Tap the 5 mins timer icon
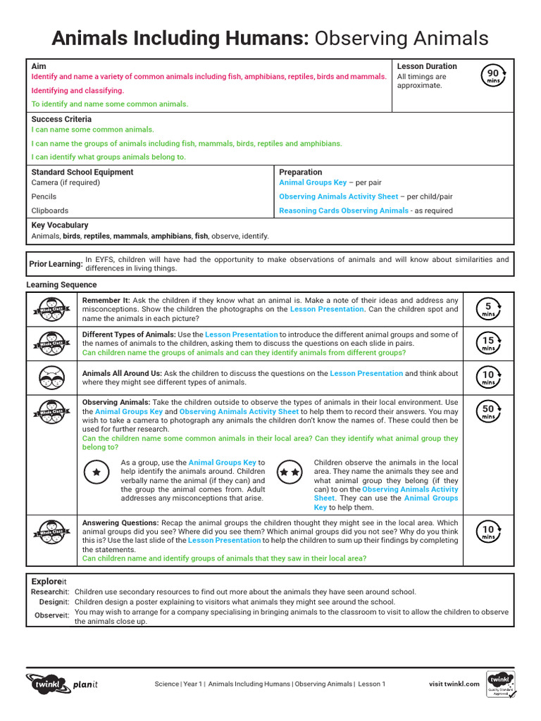click(488, 309)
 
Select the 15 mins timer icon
click(488, 344)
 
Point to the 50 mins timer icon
click(488, 412)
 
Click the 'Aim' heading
click(39, 66)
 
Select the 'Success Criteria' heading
click(61, 119)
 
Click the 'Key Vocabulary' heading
click(60, 225)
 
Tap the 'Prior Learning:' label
click(56, 264)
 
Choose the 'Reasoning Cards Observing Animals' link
click(344, 211)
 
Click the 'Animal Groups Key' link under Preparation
click(313, 182)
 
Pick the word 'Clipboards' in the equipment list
click(50, 211)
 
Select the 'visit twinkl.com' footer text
click(454, 684)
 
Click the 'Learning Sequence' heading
click(61, 284)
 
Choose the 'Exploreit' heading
click(49, 582)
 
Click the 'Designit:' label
click(54, 602)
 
